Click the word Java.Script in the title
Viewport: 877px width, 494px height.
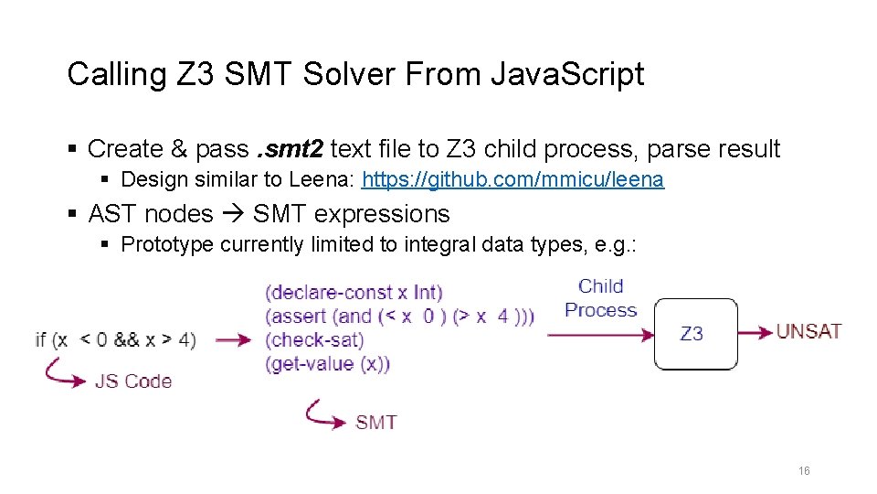coord(566,74)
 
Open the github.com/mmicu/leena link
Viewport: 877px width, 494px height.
coord(513,179)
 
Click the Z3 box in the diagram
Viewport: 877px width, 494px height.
coord(695,334)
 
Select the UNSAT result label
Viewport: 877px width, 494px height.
coord(808,331)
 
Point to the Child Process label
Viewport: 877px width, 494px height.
coord(600,298)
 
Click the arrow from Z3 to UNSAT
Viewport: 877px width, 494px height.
coord(755,333)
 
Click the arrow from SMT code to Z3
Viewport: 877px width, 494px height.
coord(600,335)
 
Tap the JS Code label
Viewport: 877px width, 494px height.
coord(133,381)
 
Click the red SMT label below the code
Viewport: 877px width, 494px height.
coord(375,422)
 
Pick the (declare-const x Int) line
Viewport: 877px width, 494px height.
coord(354,293)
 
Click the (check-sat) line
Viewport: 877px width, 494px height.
coord(314,339)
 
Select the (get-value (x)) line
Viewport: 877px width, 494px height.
coord(328,363)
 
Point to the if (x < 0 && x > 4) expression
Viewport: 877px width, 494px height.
coord(115,339)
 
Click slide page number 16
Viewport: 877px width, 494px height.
coord(804,471)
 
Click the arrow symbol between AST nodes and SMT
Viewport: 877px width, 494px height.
coord(233,214)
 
